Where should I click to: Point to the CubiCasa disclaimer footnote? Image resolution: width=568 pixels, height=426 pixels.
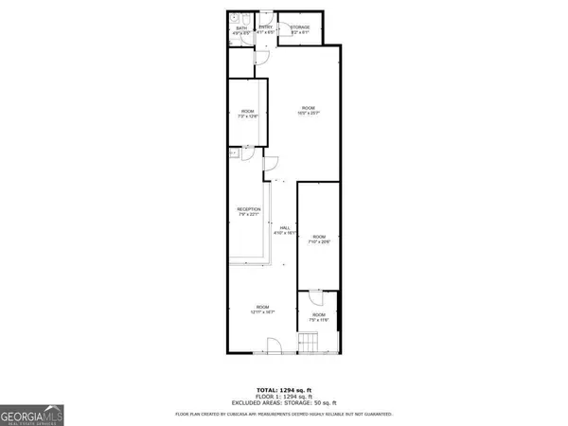(x=284, y=415)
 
